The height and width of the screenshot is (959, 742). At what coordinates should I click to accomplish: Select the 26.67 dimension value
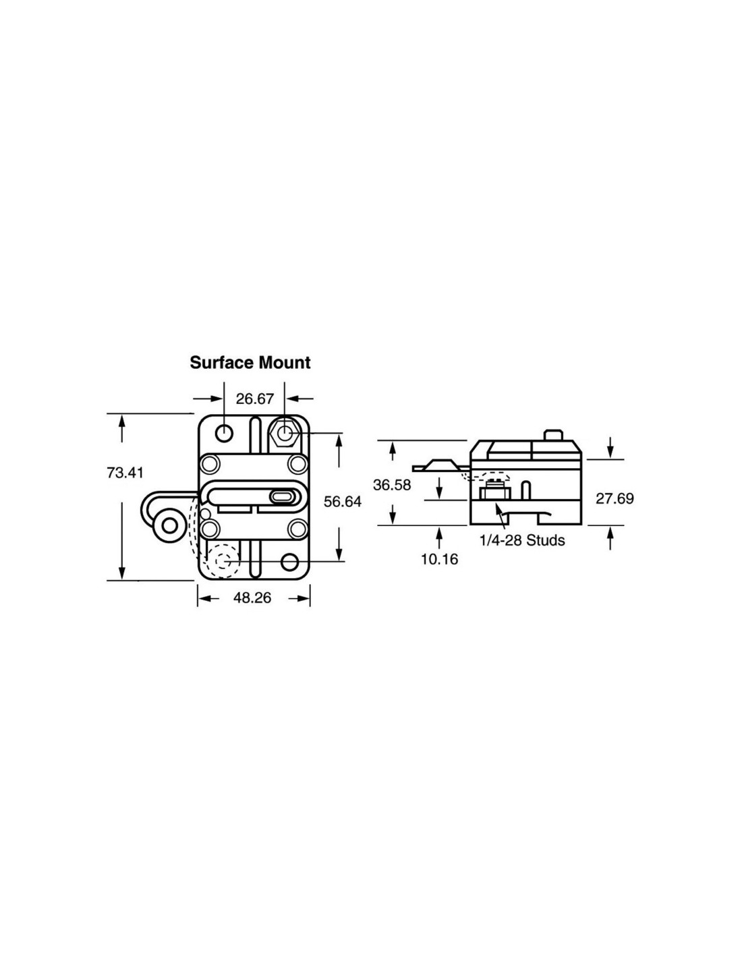pos(255,399)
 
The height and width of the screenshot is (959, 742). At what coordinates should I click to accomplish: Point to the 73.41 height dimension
pos(125,473)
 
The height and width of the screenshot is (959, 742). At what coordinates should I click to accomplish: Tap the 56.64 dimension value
pos(343,501)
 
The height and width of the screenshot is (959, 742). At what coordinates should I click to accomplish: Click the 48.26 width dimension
pos(252,598)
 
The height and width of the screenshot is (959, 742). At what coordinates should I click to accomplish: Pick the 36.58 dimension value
pos(391,485)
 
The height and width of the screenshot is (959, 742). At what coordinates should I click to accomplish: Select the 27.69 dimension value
pos(615,498)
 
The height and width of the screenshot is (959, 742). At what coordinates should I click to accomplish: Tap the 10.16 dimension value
pos(439,559)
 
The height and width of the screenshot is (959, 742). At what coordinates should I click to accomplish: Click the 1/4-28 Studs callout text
pos(522,540)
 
